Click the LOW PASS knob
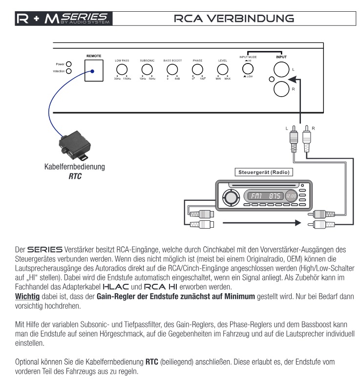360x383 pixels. (122, 69)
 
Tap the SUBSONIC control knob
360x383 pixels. (147, 69)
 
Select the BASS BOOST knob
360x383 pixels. (172, 69)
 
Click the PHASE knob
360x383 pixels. (197, 69)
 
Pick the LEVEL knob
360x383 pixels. (223, 69)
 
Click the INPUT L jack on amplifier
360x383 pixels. (282, 70)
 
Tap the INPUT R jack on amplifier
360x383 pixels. (282, 89)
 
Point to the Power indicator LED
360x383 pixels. (69, 64)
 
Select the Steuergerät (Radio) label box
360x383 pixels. (264, 172)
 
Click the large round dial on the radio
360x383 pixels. (229, 197)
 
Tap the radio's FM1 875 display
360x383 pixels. (264, 196)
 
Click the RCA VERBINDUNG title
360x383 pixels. (234, 19)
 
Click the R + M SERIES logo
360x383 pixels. (64, 19)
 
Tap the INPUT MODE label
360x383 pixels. (248, 57)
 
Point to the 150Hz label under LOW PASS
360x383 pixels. (127, 79)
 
